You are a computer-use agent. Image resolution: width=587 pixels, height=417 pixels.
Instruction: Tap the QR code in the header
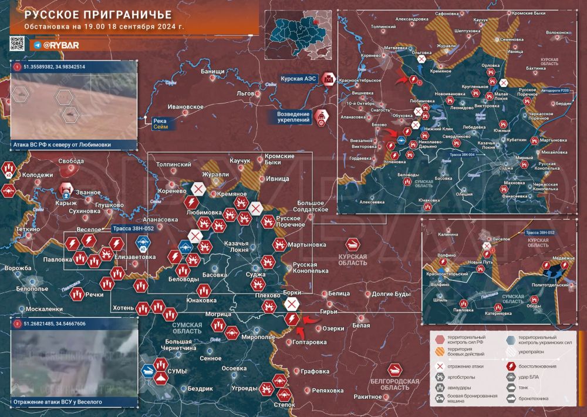[18, 43]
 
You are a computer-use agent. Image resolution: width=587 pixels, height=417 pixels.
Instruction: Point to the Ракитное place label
[369, 397]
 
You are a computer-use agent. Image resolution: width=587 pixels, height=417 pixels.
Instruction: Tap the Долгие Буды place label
[391, 293]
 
